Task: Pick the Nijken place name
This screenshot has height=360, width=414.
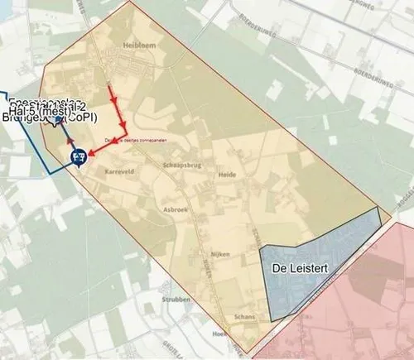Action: pos(219,255)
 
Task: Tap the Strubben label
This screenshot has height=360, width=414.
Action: pos(177,300)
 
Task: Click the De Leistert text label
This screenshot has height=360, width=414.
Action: pos(303,269)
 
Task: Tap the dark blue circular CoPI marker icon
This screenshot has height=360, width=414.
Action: pos(79,154)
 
